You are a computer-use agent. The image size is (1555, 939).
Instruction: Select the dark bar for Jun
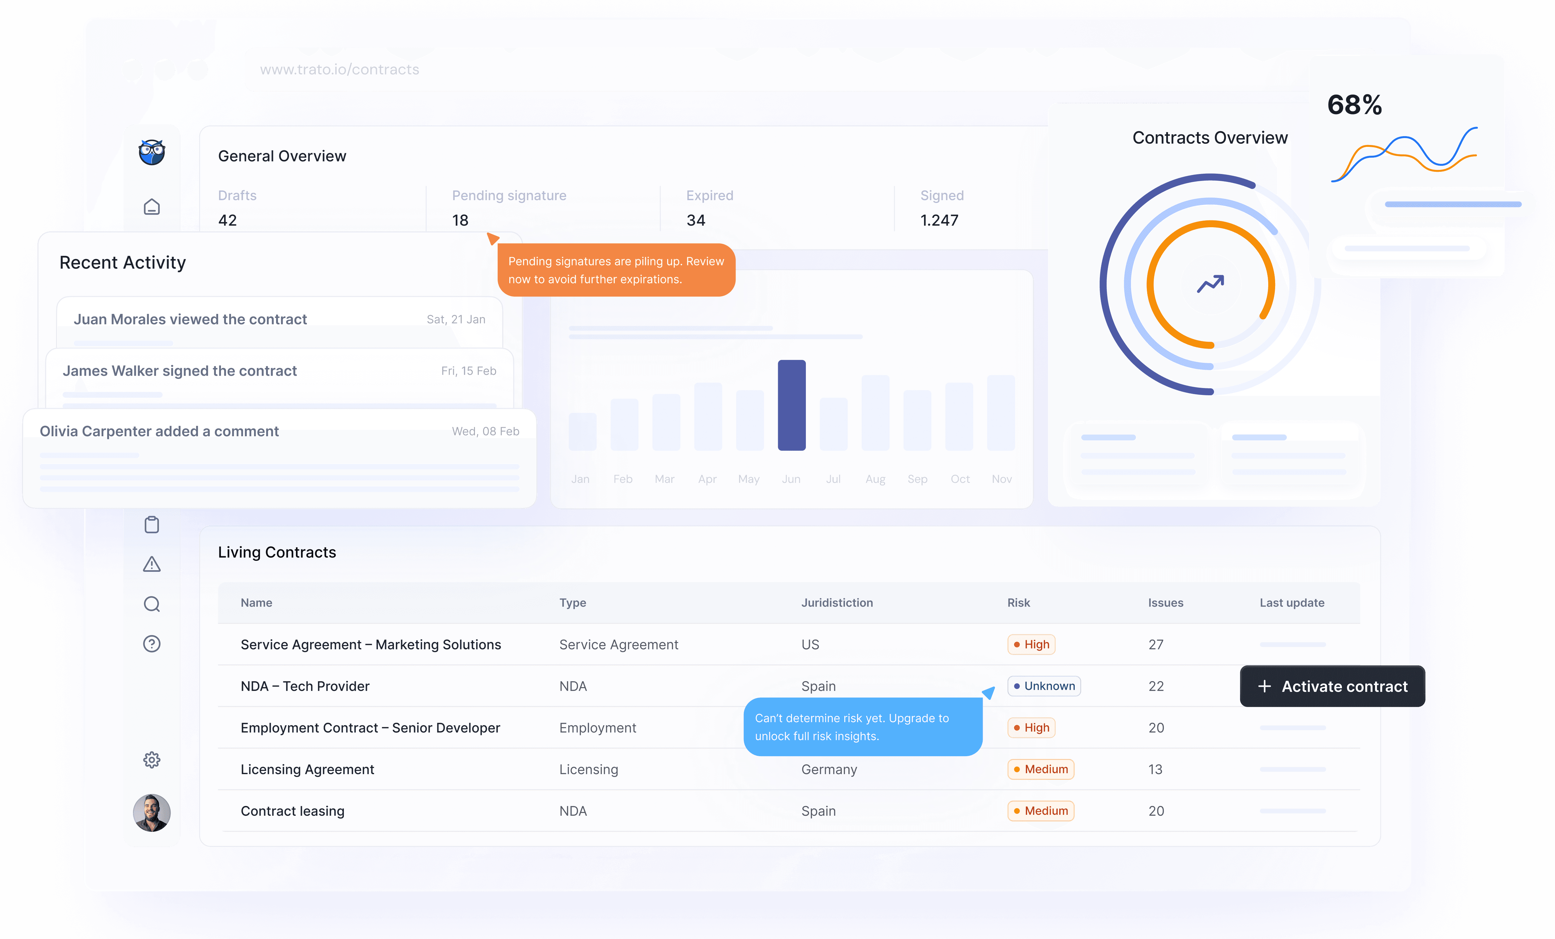(791, 405)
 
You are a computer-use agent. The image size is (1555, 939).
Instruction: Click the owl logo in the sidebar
(152, 152)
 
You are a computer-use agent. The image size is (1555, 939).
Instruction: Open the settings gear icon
(152, 760)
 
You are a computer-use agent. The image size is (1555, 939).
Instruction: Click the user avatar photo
(152, 813)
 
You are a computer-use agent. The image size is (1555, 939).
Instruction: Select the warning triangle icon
(152, 564)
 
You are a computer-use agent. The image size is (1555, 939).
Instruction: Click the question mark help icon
(152, 644)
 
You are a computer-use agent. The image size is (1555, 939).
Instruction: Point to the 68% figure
(1354, 105)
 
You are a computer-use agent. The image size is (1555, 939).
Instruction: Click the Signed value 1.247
(939, 220)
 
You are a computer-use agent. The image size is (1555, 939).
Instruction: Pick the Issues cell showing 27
(1155, 644)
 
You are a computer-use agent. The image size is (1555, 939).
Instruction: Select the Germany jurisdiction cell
(829, 769)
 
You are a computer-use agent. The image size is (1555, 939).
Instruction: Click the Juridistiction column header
(837, 603)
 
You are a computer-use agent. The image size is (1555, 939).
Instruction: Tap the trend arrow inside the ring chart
(1211, 284)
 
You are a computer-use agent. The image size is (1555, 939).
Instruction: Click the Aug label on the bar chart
(875, 479)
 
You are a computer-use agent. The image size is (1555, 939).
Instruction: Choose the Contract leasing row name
(292, 811)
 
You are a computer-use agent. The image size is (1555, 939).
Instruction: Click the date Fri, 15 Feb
(468, 371)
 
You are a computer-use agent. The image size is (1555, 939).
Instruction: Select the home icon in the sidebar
(152, 207)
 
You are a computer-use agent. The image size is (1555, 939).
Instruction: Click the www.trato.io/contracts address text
(339, 69)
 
